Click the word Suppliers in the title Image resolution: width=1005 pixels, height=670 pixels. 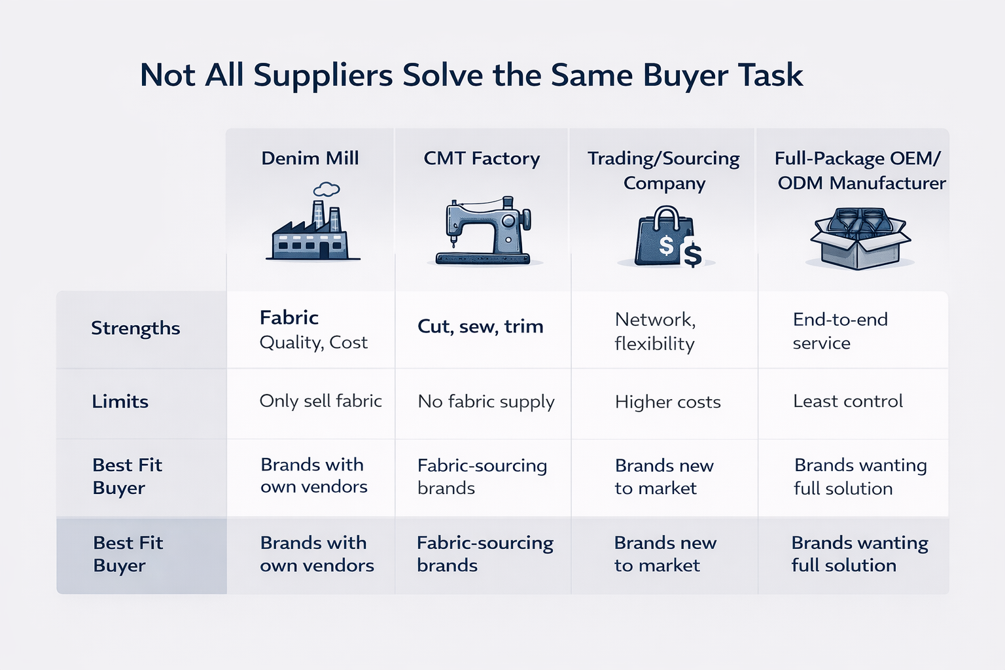(x=323, y=76)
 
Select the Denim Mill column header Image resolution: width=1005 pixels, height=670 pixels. (x=310, y=158)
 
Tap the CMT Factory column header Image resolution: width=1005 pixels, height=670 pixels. (x=482, y=158)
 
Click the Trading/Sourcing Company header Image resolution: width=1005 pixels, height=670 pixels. (x=663, y=170)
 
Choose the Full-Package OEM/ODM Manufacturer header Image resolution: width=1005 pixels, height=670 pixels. (x=860, y=170)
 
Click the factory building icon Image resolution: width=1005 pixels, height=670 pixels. (x=311, y=232)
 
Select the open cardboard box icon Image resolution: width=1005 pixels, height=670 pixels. (x=860, y=238)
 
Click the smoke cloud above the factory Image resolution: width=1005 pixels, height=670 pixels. (x=326, y=190)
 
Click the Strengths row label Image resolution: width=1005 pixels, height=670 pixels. (x=135, y=328)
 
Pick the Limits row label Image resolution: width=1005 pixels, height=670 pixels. (x=120, y=401)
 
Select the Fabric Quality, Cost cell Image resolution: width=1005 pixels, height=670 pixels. (x=313, y=330)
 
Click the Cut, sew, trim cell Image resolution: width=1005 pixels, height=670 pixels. (x=480, y=326)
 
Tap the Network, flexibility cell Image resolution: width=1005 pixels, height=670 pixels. (x=655, y=331)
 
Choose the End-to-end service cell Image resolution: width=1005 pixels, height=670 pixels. (x=840, y=331)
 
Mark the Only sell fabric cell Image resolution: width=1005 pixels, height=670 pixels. (x=321, y=401)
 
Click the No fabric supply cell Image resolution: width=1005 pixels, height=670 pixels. (x=486, y=402)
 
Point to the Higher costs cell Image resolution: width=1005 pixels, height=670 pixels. (x=668, y=402)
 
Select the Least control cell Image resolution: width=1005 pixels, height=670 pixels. (x=848, y=401)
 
